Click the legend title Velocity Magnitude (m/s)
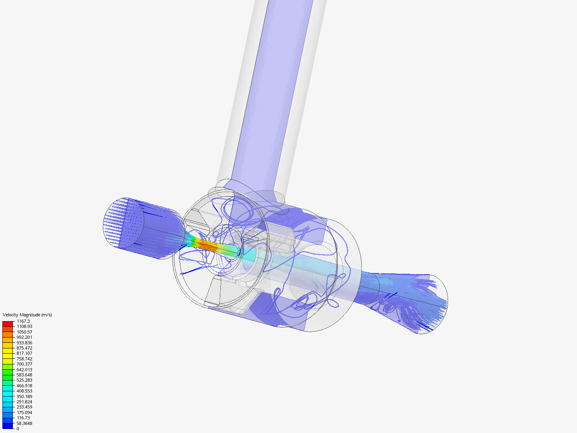[27, 315]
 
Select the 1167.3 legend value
[23, 321]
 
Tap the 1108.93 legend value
[24, 326]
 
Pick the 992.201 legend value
[24, 337]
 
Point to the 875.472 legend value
[24, 348]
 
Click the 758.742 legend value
[24, 359]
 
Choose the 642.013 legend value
[24, 370]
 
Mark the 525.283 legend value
[24, 380]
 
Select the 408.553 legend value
[24, 391]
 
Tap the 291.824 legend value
[24, 402]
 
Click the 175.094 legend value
[24, 413]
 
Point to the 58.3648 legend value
[24, 423]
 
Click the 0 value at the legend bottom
[18, 429]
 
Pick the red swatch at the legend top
[8, 324]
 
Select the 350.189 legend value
[24, 397]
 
